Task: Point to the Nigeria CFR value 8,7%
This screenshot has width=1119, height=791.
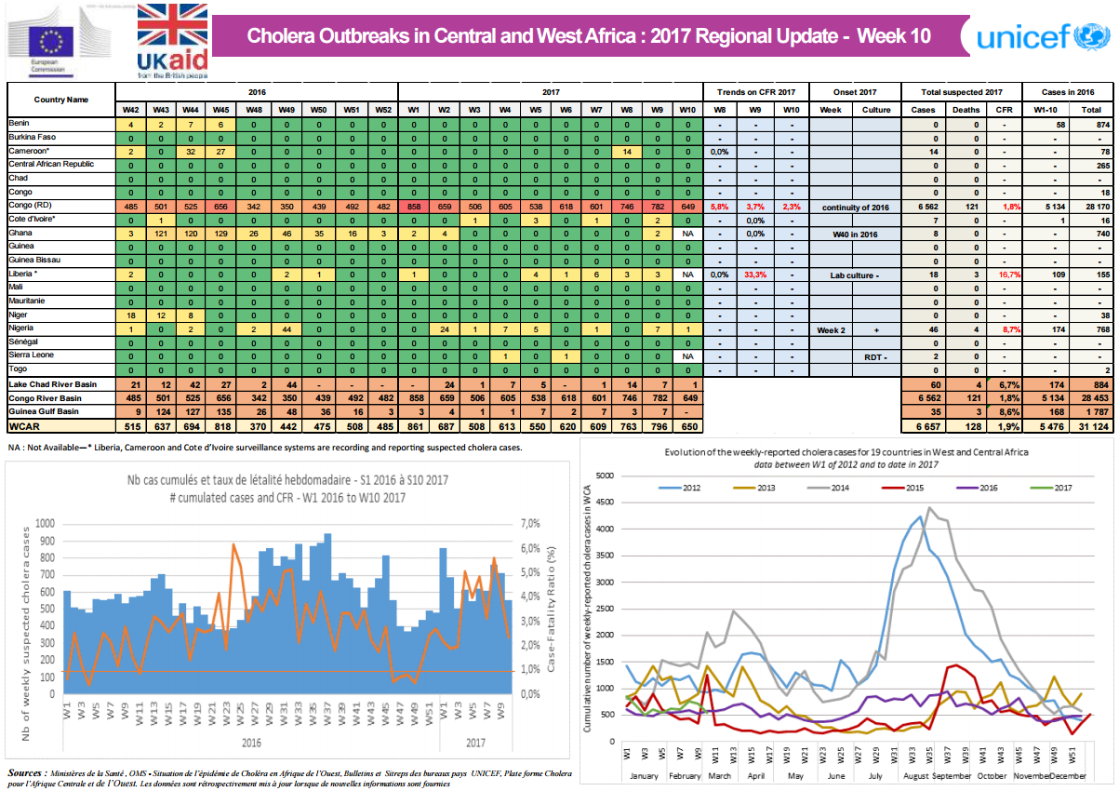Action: pos(1004,328)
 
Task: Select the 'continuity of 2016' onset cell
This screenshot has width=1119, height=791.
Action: pos(855,206)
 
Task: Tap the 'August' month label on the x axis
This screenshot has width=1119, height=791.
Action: pos(917,774)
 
